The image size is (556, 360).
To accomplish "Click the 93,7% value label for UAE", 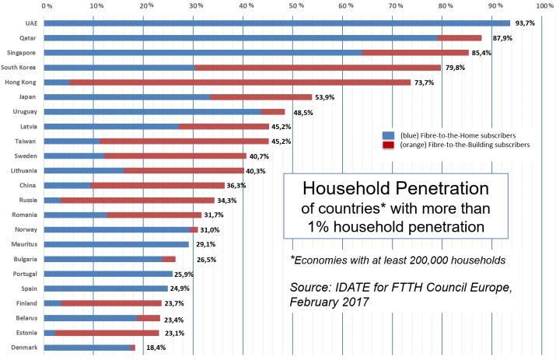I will coord(525,23).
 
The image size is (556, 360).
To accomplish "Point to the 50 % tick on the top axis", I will coord(296,6).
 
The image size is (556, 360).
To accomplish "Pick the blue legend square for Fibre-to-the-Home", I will coord(386,134).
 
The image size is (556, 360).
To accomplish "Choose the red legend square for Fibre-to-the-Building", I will coord(386,145).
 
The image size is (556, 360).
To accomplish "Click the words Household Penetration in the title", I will coord(395,189).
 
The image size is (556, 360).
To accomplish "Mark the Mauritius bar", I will coord(116,245).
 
